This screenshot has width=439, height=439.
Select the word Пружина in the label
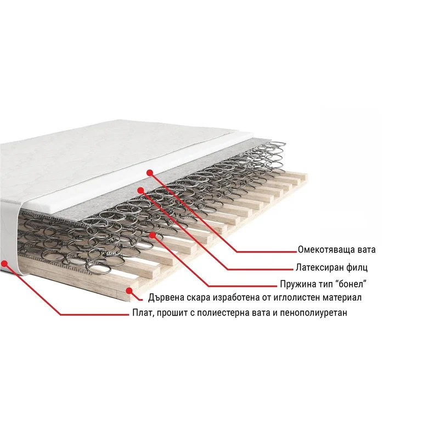coord(298,284)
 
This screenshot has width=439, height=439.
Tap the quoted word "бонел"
coord(348,284)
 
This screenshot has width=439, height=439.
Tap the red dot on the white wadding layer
coord(150,173)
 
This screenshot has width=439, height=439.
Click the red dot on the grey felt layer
coord(140,190)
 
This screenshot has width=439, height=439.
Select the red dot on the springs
coord(153,235)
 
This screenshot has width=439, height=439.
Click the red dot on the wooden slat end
coord(129,291)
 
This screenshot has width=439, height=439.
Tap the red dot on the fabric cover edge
coord(5,263)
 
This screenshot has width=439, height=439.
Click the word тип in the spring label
coord(323,284)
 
